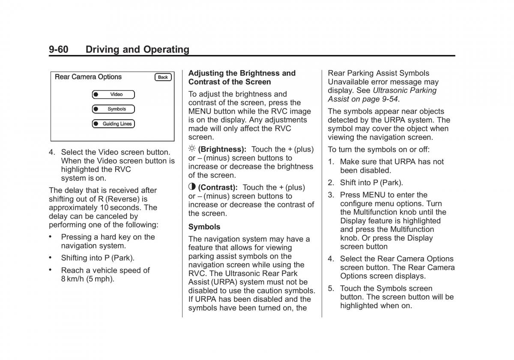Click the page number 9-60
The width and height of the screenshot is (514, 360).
click(58, 49)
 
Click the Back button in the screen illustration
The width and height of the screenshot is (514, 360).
click(163, 77)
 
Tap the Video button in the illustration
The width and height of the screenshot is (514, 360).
click(114, 94)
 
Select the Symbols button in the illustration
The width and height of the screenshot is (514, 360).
click(114, 109)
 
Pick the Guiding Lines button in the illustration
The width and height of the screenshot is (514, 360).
click(114, 124)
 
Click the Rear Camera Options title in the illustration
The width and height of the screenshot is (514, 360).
click(88, 77)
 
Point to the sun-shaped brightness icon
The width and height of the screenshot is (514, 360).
click(192, 149)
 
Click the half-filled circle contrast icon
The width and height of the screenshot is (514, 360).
click(192, 187)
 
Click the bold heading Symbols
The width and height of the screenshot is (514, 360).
click(204, 227)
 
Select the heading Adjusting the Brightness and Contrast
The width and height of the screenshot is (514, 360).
click(242, 78)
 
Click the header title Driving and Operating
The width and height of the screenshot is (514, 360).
click(137, 49)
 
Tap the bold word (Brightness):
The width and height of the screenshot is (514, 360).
click(222, 149)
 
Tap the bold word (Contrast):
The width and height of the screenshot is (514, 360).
click(218, 187)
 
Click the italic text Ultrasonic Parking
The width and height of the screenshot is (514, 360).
click(405, 90)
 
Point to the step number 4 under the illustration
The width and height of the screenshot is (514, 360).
click(51, 152)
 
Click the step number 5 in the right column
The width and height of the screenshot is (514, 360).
click(331, 288)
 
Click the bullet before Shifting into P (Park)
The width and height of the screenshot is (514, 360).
click(51, 258)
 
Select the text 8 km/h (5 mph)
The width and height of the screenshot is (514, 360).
click(88, 279)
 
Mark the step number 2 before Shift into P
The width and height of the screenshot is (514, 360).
click(331, 183)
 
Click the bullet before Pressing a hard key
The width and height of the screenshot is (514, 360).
click(51, 237)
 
